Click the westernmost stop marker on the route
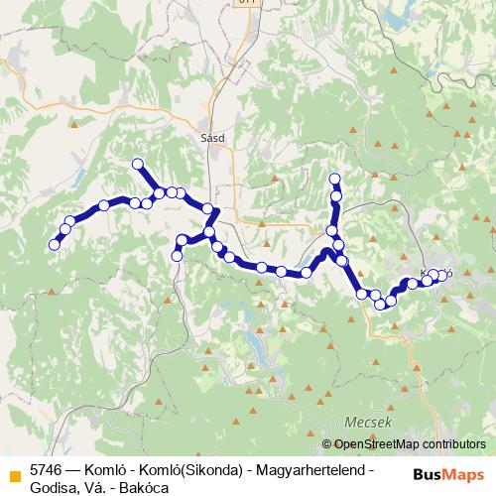55,245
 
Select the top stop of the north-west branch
138,164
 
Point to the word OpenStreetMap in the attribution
382,443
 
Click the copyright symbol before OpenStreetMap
328,443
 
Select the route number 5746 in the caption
47,467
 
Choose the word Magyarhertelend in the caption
310,467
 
